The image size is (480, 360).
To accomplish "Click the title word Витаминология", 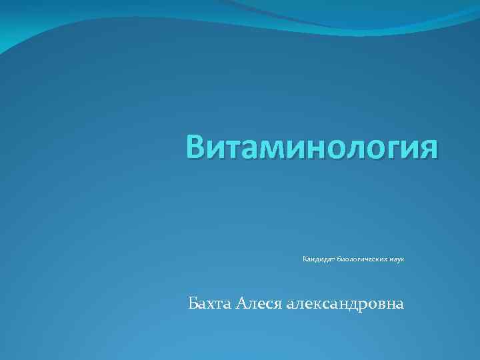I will click(312, 147).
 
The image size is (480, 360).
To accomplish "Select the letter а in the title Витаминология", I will click(251, 149).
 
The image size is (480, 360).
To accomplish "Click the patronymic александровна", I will click(345, 304).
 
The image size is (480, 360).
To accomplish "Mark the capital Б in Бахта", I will click(193, 304).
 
